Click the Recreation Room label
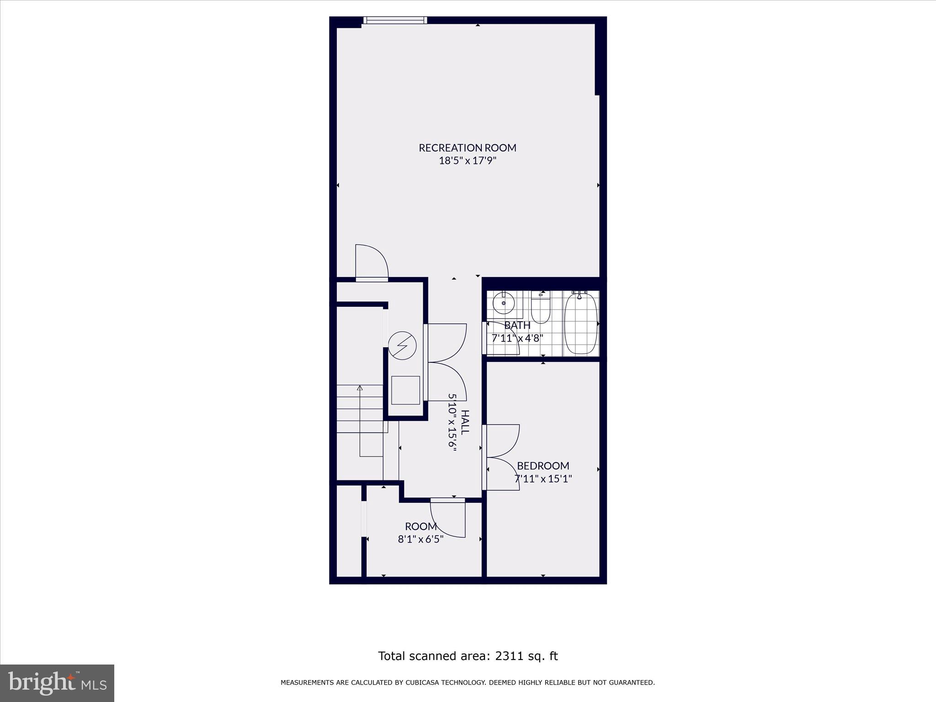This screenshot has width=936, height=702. click(x=467, y=148)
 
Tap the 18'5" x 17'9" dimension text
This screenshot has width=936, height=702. click(x=467, y=161)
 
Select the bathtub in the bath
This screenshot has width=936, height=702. click(x=581, y=324)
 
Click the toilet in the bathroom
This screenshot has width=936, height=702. click(x=541, y=309)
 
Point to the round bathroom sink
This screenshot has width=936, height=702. click(x=504, y=303)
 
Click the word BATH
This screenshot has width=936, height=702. click(x=517, y=325)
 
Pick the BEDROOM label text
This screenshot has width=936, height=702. click(x=543, y=466)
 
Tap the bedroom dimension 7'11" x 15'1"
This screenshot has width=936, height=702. click(x=543, y=479)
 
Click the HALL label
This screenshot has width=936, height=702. click(x=464, y=422)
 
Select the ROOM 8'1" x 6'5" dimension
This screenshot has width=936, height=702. click(x=420, y=539)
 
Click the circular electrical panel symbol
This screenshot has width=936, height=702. click(x=403, y=346)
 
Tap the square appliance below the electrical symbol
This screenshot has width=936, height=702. click(x=405, y=390)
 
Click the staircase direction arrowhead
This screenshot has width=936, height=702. click(x=360, y=388)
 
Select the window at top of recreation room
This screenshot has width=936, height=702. click(x=395, y=20)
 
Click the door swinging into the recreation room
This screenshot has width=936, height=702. click(x=371, y=261)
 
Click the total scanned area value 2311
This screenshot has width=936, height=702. click(x=508, y=656)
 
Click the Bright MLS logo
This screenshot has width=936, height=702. click(x=57, y=683)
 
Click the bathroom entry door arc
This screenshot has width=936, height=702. click(x=503, y=338)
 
